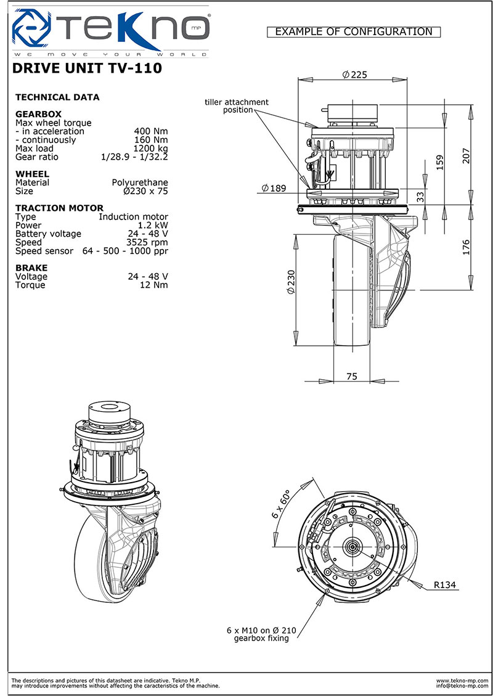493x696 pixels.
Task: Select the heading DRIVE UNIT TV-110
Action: click(86, 68)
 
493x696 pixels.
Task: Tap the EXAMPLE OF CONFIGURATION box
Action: click(354, 32)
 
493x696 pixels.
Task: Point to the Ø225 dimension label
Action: click(354, 75)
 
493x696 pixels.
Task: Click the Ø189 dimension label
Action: click(274, 188)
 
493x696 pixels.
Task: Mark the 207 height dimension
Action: click(466, 155)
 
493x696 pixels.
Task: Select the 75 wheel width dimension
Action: click(351, 376)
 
